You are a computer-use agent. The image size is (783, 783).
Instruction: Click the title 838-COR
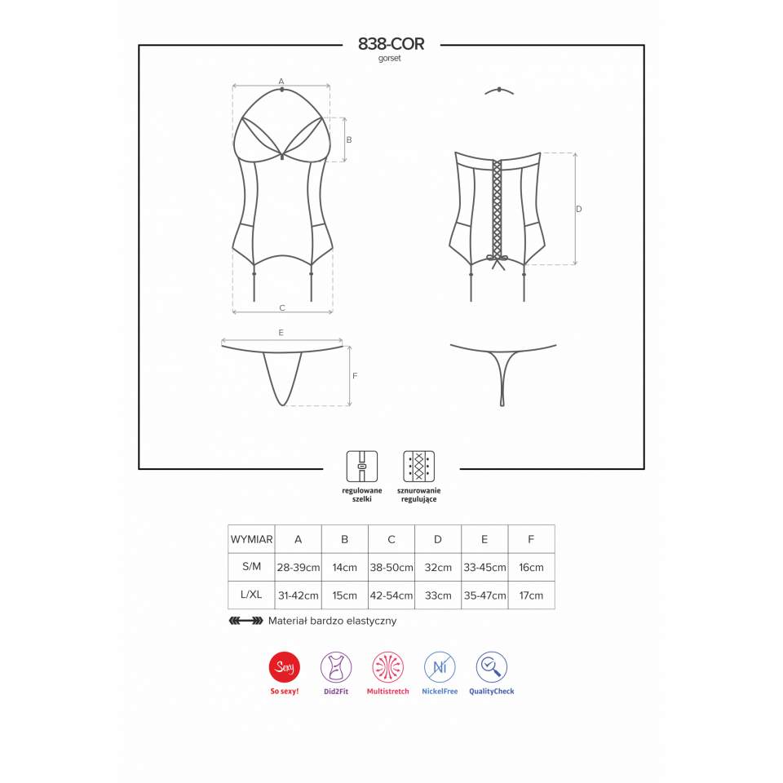391,45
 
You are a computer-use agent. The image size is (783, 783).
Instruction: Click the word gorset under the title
391,59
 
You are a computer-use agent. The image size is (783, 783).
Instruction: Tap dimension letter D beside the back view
579,209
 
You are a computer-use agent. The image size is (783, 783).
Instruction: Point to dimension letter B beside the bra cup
349,139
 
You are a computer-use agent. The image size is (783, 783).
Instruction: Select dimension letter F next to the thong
355,376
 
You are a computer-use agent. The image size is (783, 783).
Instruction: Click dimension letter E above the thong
281,333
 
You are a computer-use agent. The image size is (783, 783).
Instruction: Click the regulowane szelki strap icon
361,466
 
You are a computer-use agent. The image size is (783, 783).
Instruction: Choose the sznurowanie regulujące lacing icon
418,466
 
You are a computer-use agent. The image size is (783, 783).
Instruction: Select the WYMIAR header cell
251,539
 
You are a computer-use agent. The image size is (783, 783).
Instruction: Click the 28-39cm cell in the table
298,567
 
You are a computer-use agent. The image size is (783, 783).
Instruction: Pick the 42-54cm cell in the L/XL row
391,595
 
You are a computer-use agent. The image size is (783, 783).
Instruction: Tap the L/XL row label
251,595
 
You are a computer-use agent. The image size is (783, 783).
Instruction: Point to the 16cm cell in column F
531,567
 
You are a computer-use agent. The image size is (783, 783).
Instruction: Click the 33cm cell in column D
438,595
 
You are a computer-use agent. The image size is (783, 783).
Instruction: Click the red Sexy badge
285,668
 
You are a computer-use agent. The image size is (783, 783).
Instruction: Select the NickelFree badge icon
440,668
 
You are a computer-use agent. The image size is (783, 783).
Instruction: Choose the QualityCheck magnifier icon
491,668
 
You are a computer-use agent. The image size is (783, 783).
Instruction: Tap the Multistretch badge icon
388,668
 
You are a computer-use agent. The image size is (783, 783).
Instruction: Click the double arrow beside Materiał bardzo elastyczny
246,621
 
